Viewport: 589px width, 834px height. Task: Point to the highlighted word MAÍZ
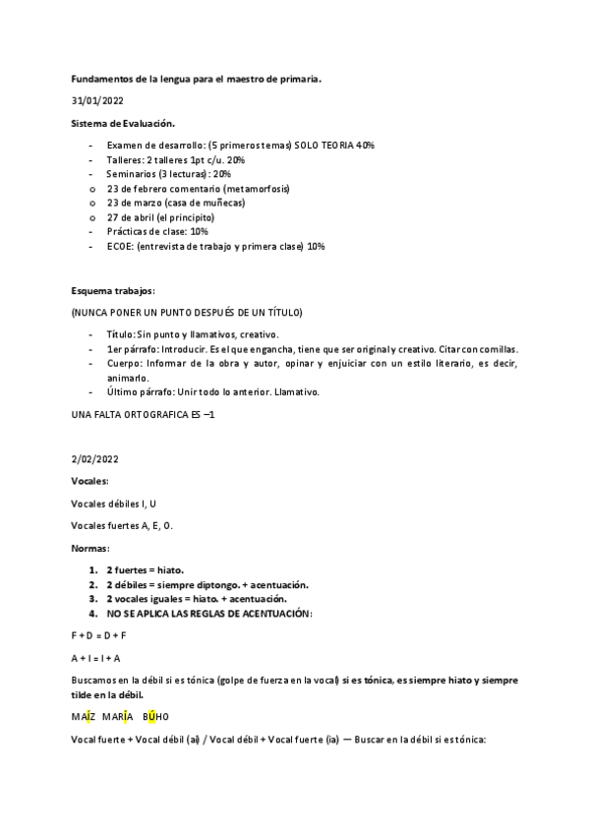point(86,716)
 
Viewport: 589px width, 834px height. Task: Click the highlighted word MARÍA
point(117,716)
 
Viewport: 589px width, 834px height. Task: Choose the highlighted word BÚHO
point(156,716)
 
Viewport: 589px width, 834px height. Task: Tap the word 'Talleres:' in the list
point(126,159)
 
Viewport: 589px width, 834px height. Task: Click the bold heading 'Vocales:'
point(90,480)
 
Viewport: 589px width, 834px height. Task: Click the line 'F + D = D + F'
point(100,635)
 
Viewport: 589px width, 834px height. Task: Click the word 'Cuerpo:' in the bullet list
point(126,363)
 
